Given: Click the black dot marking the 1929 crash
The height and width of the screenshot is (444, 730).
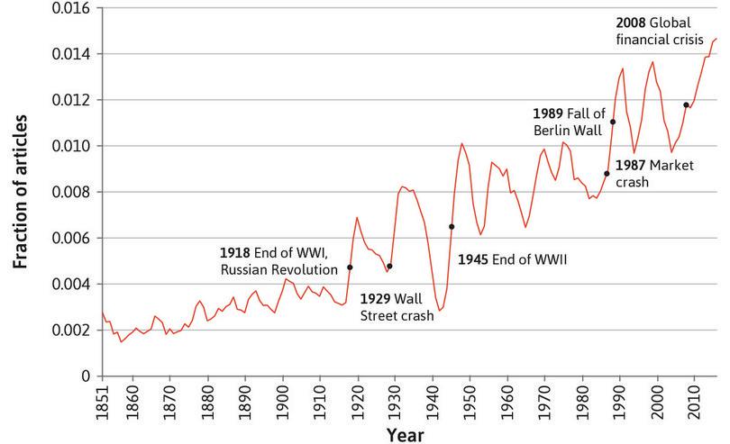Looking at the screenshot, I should click(x=389, y=267).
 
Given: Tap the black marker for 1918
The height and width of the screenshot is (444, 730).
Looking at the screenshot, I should click(x=350, y=267).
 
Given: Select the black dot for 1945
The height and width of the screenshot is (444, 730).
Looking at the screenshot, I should click(x=452, y=227).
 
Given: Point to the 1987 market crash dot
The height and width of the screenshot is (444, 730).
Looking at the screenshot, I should click(x=607, y=174).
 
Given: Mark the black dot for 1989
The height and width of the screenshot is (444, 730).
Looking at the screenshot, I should click(x=613, y=122).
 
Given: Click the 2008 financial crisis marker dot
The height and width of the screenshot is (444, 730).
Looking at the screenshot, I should click(x=686, y=105).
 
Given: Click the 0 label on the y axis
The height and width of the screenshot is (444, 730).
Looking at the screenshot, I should click(x=87, y=376).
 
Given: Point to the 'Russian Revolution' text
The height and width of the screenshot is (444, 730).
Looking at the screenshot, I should click(x=280, y=267).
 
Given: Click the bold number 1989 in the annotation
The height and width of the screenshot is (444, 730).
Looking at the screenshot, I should click(x=547, y=114).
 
